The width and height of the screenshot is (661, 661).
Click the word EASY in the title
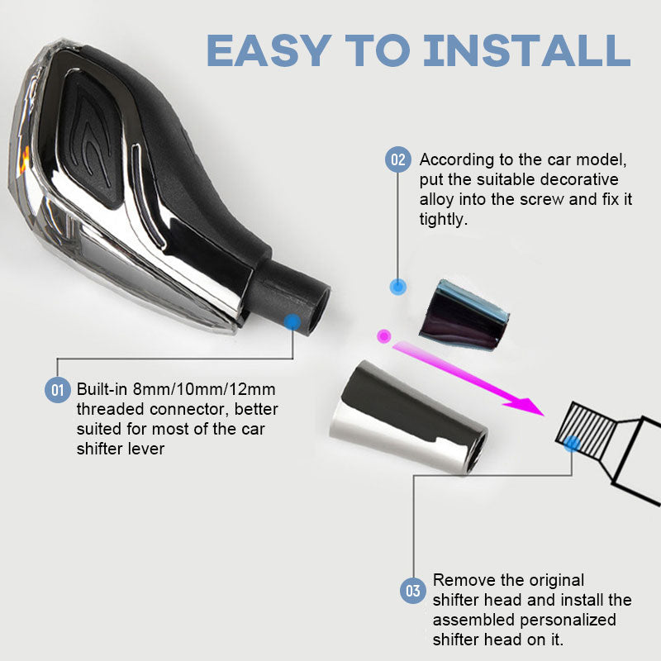(x=269, y=50)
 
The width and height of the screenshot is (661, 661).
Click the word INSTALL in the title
(x=527, y=50)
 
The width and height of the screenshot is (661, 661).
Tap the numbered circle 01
(x=57, y=389)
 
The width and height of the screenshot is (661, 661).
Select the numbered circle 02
(x=398, y=159)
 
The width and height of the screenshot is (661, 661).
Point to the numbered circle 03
(x=412, y=590)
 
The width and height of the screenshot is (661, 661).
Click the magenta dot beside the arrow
(x=383, y=336)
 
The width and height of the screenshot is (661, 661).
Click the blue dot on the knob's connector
(x=292, y=322)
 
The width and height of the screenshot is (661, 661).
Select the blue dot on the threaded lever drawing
(x=572, y=444)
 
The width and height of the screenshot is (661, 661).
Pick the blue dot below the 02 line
(x=398, y=287)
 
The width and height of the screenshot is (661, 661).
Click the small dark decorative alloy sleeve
(x=464, y=314)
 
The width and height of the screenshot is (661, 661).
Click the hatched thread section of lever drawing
(x=585, y=430)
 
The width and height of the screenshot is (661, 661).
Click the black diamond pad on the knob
(x=92, y=141)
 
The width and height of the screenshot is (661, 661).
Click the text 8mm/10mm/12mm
(x=204, y=389)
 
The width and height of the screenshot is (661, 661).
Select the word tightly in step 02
(x=444, y=219)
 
